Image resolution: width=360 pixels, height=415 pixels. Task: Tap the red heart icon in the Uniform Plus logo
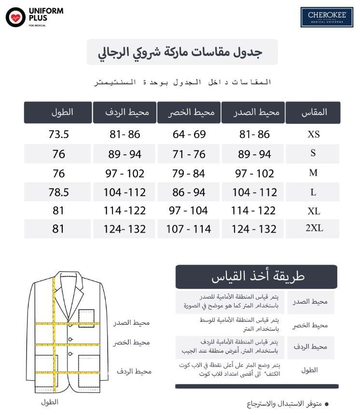pos(15,17)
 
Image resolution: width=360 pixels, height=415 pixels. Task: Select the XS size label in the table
pos(313,135)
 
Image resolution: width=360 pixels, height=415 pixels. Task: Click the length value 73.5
pos(58,135)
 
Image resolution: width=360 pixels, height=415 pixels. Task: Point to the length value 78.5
pos(58,192)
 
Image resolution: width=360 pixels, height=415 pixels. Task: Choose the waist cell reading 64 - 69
pos(189,135)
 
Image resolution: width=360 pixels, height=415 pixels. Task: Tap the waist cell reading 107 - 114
pos(189,229)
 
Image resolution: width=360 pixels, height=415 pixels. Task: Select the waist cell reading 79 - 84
pos(189,173)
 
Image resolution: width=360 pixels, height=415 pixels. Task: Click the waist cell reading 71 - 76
pos(189,154)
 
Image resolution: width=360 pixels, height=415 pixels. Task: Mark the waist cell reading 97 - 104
pos(189,210)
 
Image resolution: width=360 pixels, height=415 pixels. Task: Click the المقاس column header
pos(314,112)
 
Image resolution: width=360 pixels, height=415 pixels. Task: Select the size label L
pos(313,192)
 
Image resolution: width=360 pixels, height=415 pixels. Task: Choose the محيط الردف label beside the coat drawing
pos(134,371)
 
